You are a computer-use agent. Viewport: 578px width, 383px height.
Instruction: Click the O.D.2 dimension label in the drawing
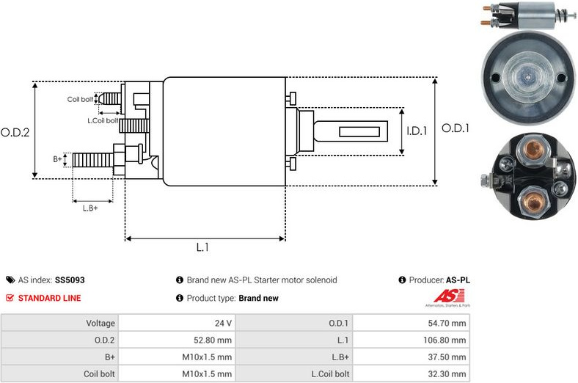click(15, 133)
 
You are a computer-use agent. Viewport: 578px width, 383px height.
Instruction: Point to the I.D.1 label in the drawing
click(417, 131)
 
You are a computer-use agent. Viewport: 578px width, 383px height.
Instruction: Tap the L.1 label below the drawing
click(203, 248)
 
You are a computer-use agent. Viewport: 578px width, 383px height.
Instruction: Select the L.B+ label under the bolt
click(90, 208)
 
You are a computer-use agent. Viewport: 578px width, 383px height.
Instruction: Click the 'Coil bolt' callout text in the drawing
click(80, 99)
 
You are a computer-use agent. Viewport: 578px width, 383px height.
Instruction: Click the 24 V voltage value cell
click(224, 323)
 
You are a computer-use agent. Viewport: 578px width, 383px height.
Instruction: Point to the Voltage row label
click(100, 323)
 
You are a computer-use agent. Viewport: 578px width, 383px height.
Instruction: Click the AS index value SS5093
click(70, 280)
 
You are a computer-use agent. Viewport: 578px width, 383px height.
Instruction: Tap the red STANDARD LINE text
click(49, 298)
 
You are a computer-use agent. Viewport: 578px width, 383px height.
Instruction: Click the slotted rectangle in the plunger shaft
click(363, 132)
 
